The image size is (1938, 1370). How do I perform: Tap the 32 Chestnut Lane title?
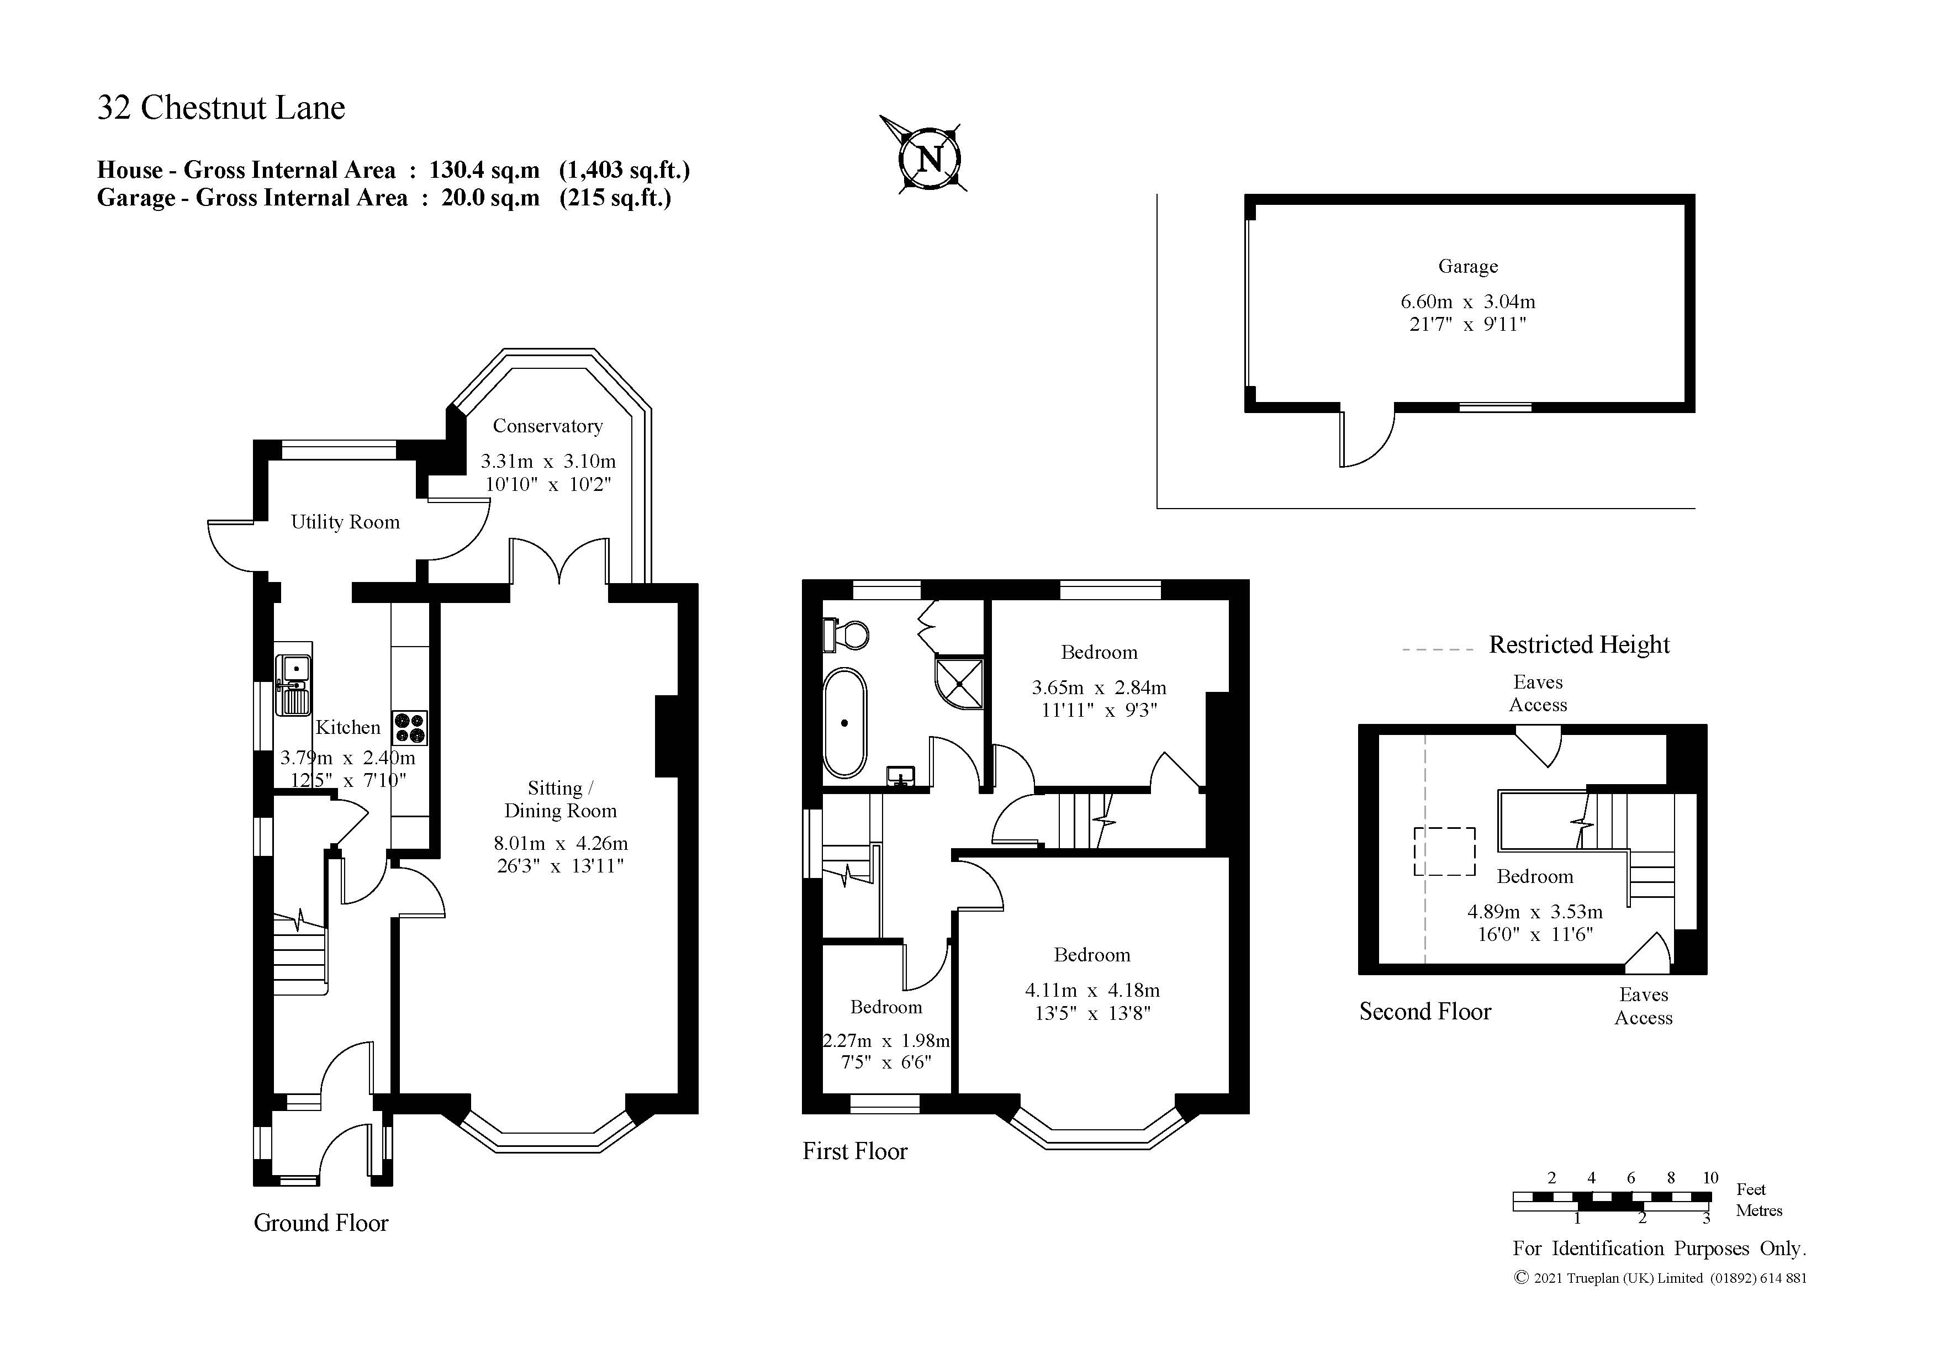[221, 108]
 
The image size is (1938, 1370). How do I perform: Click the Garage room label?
[1468, 267]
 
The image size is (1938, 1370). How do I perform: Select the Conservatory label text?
[548, 426]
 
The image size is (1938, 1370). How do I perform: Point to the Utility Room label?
[345, 522]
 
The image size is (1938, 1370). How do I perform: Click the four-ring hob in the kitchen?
[410, 728]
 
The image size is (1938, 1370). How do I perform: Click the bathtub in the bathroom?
[844, 723]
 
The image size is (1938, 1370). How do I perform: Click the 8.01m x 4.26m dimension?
[561, 843]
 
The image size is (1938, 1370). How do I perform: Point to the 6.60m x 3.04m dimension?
[1468, 301]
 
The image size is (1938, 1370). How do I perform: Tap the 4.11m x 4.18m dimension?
[1092, 990]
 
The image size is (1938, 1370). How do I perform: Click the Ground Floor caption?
[321, 1223]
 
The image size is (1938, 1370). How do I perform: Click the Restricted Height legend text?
[1578, 645]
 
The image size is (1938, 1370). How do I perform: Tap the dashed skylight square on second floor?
[1445, 851]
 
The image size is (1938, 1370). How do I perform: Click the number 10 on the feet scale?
[1710, 1177]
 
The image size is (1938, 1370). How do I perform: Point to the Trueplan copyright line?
[1660, 1278]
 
